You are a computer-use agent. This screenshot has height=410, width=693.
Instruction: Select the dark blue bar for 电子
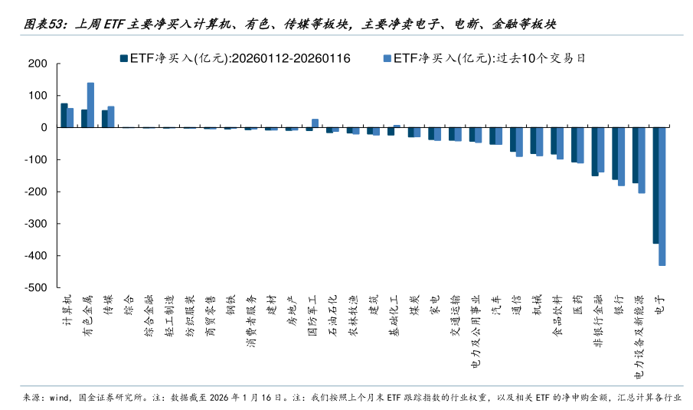tap(655, 185)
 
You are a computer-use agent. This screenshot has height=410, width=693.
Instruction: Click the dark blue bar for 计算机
tap(64, 115)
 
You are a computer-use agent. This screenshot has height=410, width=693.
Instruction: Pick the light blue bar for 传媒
tap(111, 116)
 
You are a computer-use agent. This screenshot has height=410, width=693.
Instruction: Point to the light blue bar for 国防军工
tap(315, 123)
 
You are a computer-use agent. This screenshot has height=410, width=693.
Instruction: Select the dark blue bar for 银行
tap(615, 153)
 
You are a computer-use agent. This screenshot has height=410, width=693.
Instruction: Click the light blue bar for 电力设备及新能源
tap(642, 160)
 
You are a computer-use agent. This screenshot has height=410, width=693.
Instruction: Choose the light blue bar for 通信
tap(519, 142)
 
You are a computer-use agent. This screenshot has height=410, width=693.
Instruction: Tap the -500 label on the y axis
tap(36, 288)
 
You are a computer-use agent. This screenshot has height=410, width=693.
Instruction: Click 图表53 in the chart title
tap(44, 25)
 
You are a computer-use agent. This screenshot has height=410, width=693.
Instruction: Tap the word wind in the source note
tap(59, 397)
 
